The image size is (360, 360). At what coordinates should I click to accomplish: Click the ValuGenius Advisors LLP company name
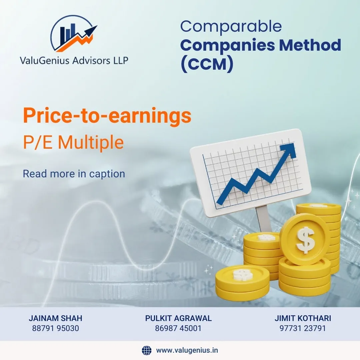click(x=74, y=61)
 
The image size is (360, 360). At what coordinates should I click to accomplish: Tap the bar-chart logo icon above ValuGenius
click(x=73, y=34)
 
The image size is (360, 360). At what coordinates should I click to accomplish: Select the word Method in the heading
click(x=310, y=45)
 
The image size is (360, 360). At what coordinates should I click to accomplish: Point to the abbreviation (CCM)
click(x=207, y=64)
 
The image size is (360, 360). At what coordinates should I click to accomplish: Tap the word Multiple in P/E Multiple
click(x=91, y=143)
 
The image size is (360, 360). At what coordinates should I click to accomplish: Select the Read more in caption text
click(x=74, y=174)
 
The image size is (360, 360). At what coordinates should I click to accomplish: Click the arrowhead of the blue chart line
click(x=289, y=150)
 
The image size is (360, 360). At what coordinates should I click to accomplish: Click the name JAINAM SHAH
click(x=56, y=318)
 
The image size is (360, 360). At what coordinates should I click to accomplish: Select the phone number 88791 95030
click(x=56, y=328)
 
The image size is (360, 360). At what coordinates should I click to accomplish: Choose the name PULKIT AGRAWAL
click(x=178, y=318)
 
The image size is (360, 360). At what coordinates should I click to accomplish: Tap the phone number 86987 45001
click(x=178, y=328)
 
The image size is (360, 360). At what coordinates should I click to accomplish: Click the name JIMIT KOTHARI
click(x=303, y=318)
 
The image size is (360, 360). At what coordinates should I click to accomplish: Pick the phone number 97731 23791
click(x=303, y=328)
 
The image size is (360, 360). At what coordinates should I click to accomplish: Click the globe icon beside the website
click(x=147, y=350)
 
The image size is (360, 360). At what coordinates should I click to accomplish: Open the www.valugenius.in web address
click(x=187, y=350)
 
